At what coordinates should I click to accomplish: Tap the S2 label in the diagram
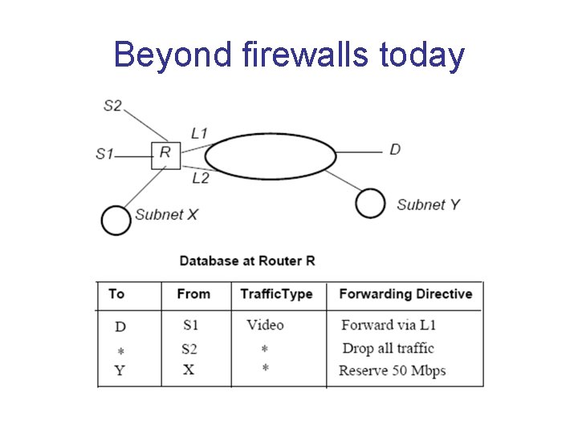point(112,105)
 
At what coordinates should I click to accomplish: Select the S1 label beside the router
point(104,153)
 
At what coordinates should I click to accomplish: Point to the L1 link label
point(199,133)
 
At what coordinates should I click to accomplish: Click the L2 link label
point(200,178)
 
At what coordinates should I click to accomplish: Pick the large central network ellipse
point(271,155)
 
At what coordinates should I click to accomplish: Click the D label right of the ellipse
point(395,150)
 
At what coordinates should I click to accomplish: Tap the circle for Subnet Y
point(370,204)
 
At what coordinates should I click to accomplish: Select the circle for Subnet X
point(116,221)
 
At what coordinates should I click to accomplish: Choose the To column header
point(116,294)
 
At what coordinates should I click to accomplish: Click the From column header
point(193,294)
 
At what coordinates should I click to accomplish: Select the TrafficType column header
point(276,294)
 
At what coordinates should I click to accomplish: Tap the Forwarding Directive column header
point(405,294)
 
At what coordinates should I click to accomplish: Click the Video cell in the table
point(265,325)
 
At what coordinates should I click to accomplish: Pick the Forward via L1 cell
point(389,325)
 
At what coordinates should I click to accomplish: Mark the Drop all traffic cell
point(388,348)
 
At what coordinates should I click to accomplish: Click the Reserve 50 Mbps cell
point(392,370)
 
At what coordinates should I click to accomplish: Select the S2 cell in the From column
point(189,349)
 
